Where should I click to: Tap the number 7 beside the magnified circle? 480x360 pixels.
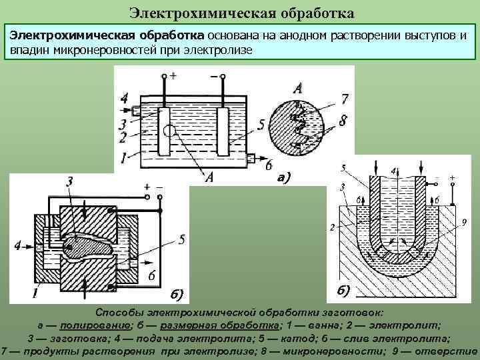pos(344,99)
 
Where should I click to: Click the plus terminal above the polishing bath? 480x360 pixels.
pos(164,77)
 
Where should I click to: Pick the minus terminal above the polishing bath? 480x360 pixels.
pos(221,77)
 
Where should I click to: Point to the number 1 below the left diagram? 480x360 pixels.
pos(33,293)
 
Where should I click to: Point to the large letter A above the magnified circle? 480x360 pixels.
pos(297,88)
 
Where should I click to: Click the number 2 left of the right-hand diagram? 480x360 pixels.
pos(332,228)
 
